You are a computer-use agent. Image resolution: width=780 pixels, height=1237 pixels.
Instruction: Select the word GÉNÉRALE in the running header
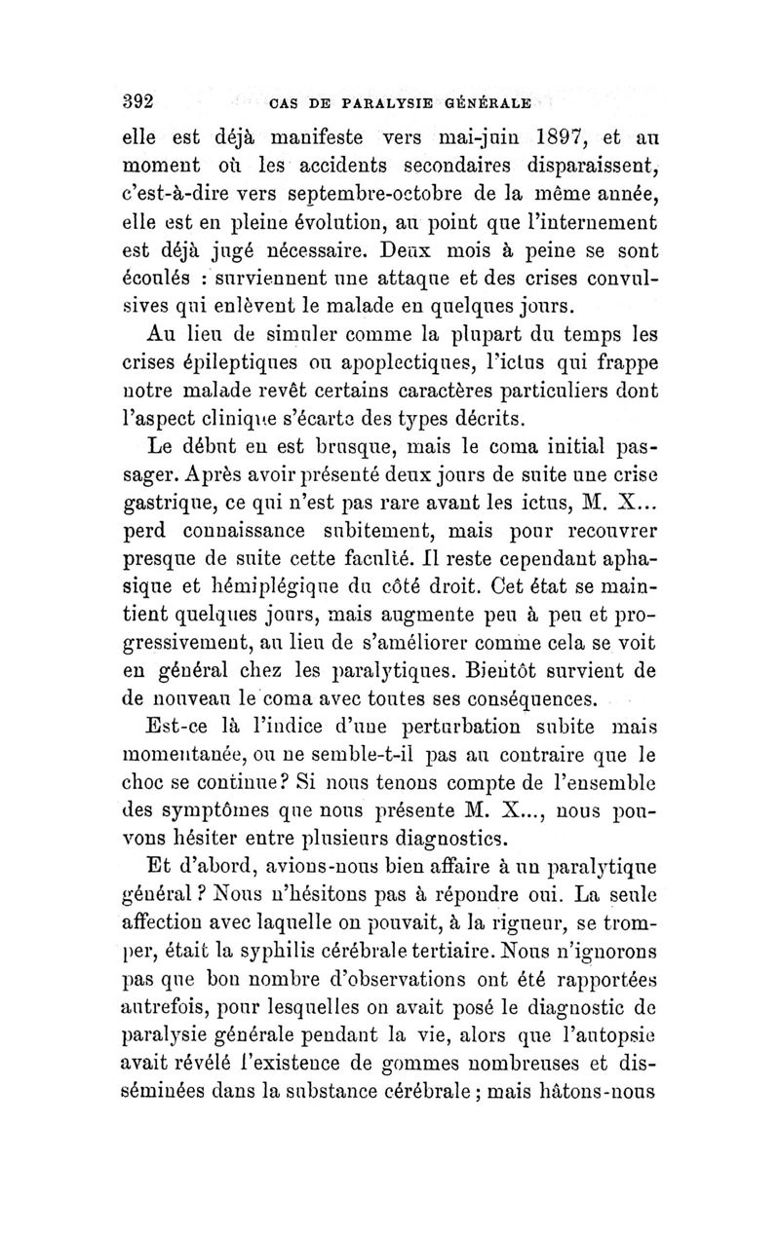tap(488, 101)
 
